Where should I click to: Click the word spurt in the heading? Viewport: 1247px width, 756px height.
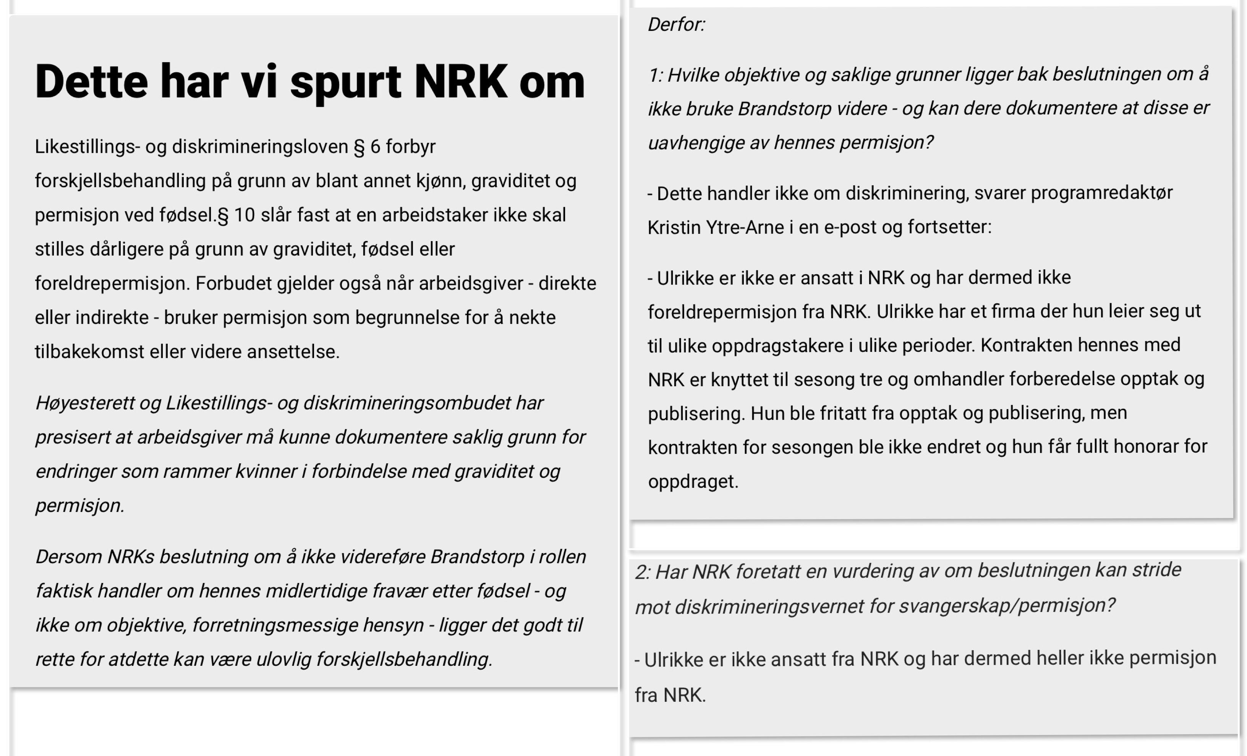coord(345,83)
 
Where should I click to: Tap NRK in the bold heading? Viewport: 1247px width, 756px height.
coord(460,83)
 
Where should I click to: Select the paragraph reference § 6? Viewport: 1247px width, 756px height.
coord(366,147)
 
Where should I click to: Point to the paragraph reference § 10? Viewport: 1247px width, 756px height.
coord(236,215)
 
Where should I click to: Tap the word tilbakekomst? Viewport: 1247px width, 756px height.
coord(89,352)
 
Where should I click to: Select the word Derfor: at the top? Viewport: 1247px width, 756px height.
coord(676,24)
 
